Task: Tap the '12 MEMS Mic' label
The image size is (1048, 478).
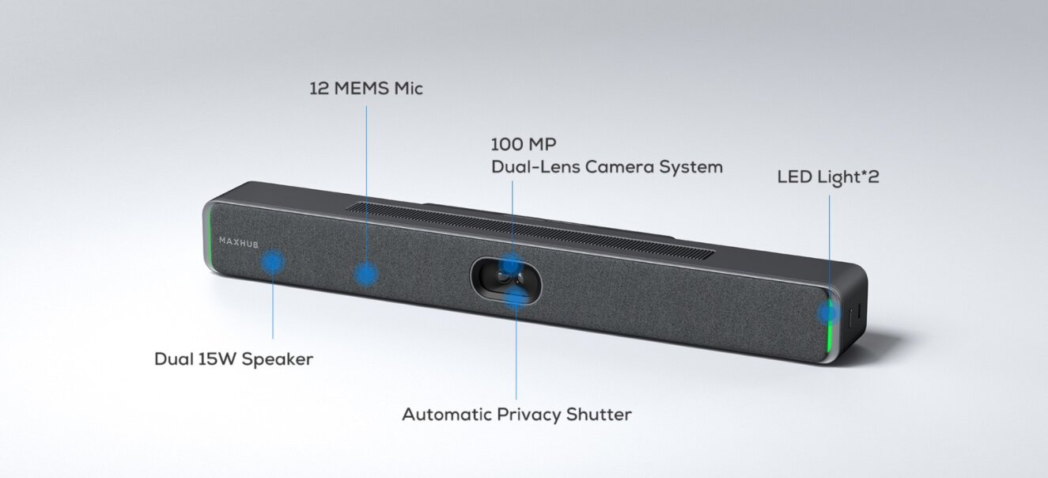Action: [x=365, y=89]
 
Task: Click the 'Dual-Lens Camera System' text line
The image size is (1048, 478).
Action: [x=607, y=167]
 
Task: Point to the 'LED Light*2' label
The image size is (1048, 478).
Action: [x=828, y=177]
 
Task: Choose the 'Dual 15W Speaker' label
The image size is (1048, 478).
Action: [x=233, y=359]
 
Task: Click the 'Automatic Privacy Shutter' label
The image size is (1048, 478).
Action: [x=516, y=415]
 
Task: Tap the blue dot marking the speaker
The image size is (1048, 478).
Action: [x=273, y=262]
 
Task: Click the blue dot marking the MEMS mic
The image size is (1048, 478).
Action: [x=365, y=274]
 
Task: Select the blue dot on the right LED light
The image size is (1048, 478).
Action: [x=827, y=313]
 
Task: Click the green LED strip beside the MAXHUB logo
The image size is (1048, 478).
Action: [x=208, y=236]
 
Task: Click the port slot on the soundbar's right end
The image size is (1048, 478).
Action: [x=851, y=317]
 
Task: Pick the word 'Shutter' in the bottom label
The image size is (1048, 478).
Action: [x=600, y=415]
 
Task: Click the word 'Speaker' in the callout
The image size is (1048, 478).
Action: [x=277, y=359]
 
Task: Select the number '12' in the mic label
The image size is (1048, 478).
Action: [x=318, y=89]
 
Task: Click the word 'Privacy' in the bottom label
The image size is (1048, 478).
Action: [x=535, y=415]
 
